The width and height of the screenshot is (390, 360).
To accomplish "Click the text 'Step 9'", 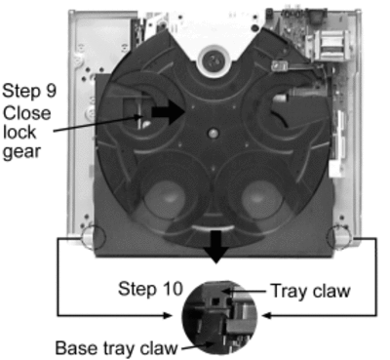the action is tap(29, 91).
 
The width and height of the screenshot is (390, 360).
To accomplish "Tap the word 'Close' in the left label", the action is tap(27, 113).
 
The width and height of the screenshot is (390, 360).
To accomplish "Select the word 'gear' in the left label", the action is tap(21, 152).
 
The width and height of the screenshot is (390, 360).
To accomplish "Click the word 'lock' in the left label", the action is tap(19, 132).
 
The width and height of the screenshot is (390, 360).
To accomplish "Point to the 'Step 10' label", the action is tap(150, 289).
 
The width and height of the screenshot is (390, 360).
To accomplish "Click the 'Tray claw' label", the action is tap(311, 291).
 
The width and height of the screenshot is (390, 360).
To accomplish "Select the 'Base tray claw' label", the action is tap(116, 348).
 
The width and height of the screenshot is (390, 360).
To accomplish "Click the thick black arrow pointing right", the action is tap(169, 112).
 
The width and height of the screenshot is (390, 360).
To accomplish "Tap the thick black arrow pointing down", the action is tap(215, 247).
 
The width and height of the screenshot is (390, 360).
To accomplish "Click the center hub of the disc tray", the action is tap(213, 133).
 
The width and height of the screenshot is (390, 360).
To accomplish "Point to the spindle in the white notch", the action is tap(213, 60).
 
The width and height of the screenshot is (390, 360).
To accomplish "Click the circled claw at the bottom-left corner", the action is tap(94, 237).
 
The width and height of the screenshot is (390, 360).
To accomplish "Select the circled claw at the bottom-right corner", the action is tap(338, 238).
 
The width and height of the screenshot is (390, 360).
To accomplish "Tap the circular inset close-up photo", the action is tap(219, 318).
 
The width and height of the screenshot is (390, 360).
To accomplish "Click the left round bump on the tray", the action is tap(166, 198).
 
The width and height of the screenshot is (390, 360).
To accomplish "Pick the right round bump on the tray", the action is tap(261, 198).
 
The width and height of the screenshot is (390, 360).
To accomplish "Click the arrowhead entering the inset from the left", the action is tap(168, 315).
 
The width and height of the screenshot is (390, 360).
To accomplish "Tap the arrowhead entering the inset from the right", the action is tap(266, 315).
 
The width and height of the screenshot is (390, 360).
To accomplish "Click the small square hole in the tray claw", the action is tap(214, 301).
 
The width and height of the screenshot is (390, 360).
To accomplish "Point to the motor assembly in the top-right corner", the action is tap(329, 45).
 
